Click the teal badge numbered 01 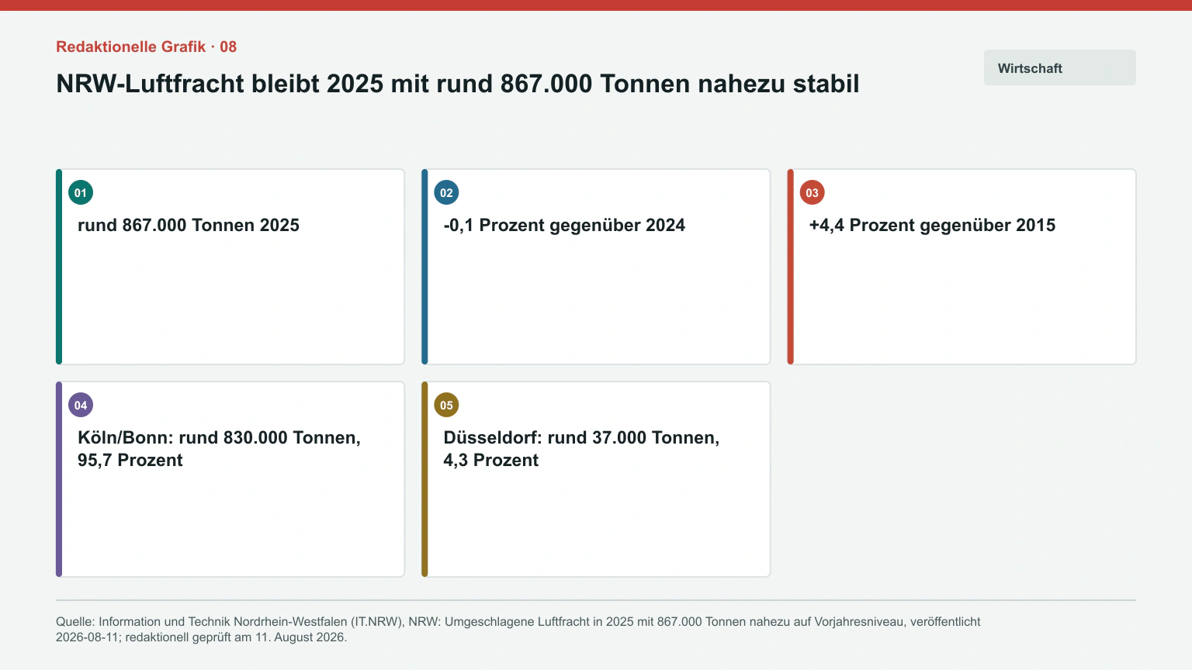pos(81,192)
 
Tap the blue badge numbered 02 pos(446,192)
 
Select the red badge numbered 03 pos(812,192)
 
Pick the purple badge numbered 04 pos(81,406)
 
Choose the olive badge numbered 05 pos(446,406)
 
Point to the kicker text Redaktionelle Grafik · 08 pos(147,47)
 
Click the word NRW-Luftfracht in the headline pos(150,84)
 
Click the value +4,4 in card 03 pos(826,225)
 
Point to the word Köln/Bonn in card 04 pos(126,437)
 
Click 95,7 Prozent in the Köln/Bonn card pos(130,460)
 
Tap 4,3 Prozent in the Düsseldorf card pos(490,460)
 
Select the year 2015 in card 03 pos(1035,225)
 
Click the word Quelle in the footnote pos(74,622)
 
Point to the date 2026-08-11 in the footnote pos(87,637)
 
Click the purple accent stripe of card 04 pos(59,479)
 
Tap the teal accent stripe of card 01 pos(59,267)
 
